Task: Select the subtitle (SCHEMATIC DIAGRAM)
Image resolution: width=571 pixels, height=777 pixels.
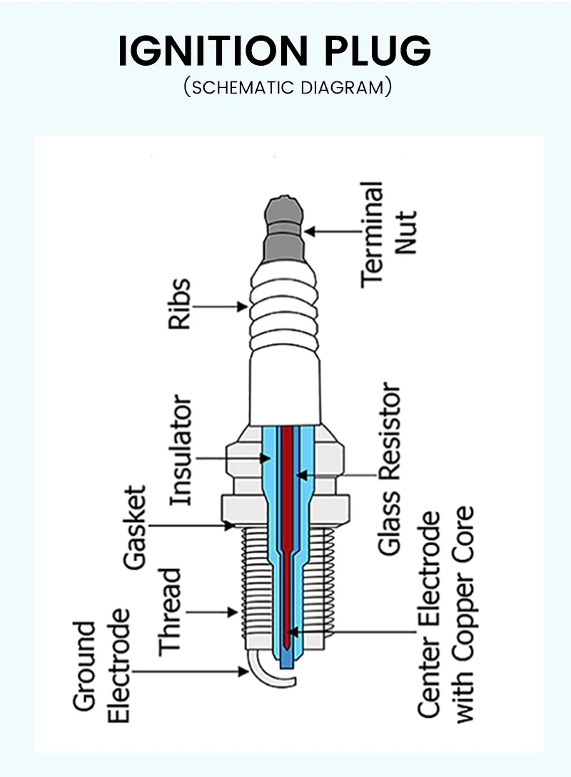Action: click(287, 88)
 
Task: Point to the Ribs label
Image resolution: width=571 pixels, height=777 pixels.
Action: click(181, 304)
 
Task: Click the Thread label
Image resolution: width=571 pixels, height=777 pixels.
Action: click(171, 611)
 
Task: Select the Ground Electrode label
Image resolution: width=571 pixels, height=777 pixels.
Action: click(103, 671)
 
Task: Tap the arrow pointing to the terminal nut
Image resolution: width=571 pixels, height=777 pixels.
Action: click(332, 231)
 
